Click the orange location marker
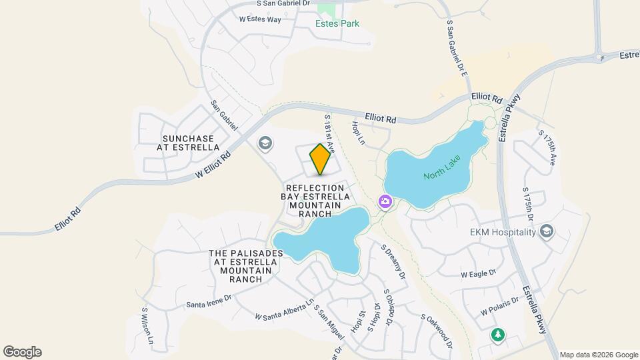(x=320, y=159)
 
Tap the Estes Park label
(x=337, y=24)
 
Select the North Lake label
(x=441, y=176)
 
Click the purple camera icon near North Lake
(x=385, y=201)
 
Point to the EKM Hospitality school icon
(x=547, y=231)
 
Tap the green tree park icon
(x=497, y=334)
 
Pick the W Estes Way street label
(x=260, y=19)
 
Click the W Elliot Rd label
(x=213, y=165)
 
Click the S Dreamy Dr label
(x=393, y=261)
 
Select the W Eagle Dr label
(x=479, y=273)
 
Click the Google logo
(x=22, y=351)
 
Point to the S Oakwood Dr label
(x=437, y=332)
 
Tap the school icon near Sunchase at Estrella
(x=265, y=143)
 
